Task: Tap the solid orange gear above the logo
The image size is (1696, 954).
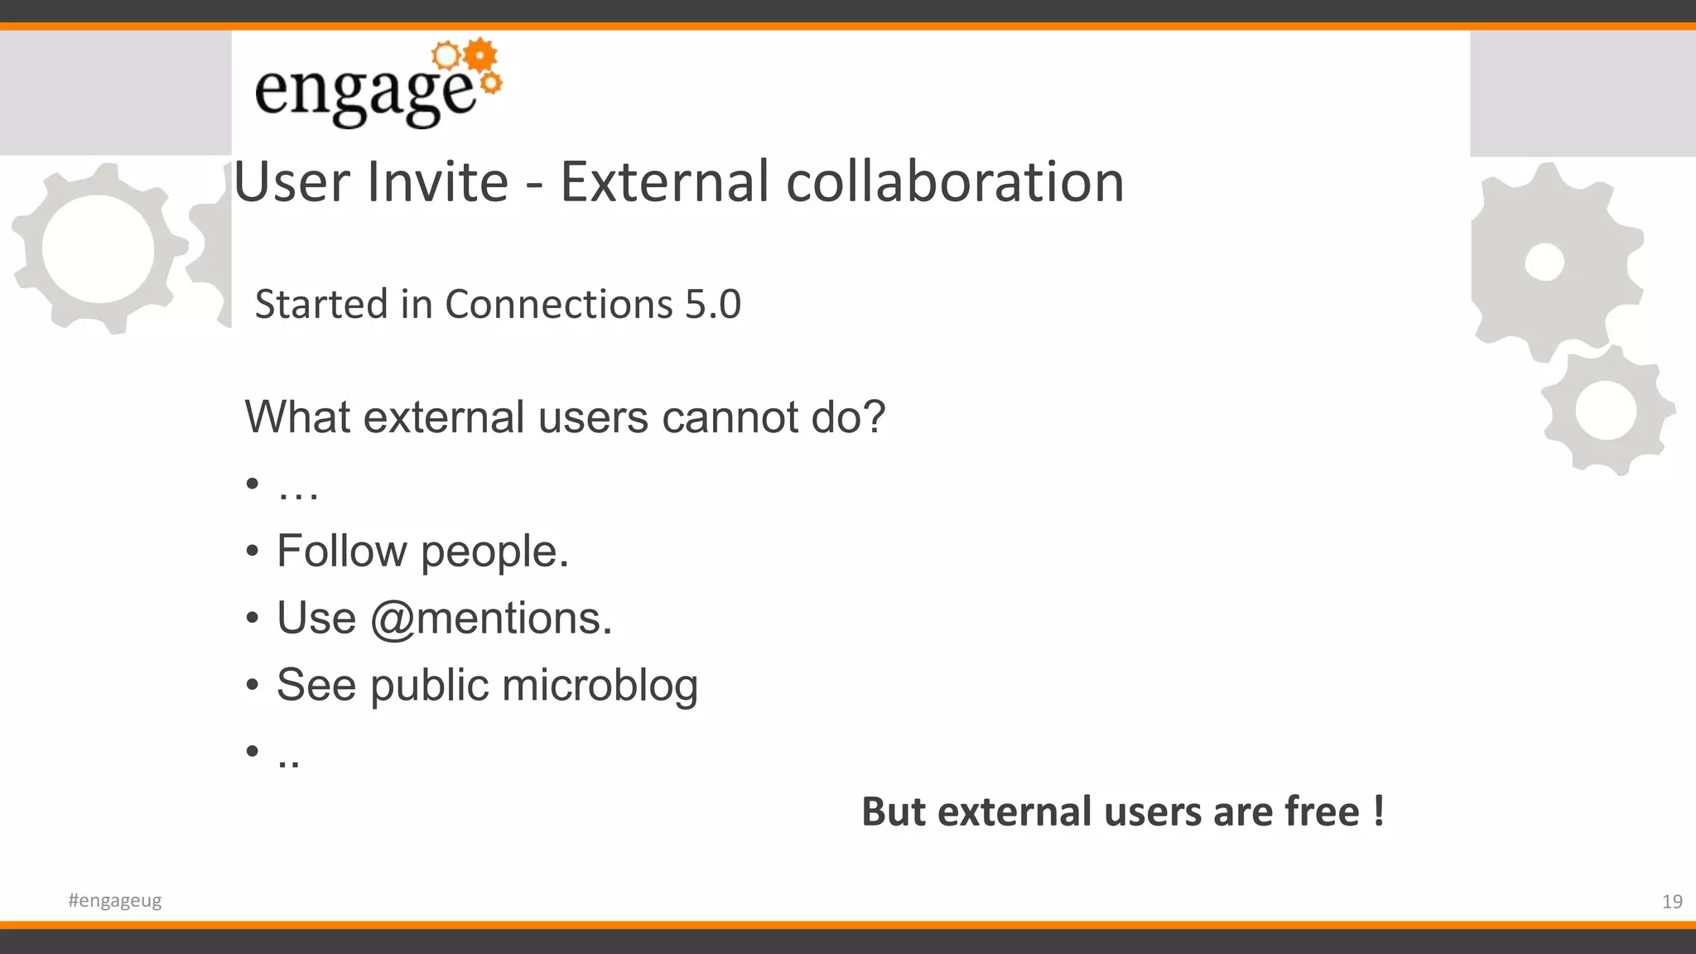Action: [x=480, y=55]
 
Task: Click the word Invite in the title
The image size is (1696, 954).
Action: [x=437, y=182]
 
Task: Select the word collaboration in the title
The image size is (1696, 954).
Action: [x=955, y=182]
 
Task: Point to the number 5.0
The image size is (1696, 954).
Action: [x=712, y=304]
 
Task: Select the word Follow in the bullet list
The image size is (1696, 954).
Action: [x=342, y=551]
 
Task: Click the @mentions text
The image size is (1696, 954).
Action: [x=490, y=619]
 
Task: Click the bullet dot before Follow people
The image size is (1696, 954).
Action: [x=253, y=551]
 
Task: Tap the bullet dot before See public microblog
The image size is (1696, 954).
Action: [x=253, y=685]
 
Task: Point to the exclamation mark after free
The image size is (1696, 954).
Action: [x=1378, y=811]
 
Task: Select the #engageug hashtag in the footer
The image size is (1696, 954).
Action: [x=115, y=900]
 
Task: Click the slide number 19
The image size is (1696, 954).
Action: [x=1672, y=902]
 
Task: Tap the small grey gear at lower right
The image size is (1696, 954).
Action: [x=1606, y=411]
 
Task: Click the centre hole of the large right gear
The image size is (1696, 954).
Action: [x=1544, y=263]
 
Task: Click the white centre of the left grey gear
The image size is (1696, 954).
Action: [x=98, y=249]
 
